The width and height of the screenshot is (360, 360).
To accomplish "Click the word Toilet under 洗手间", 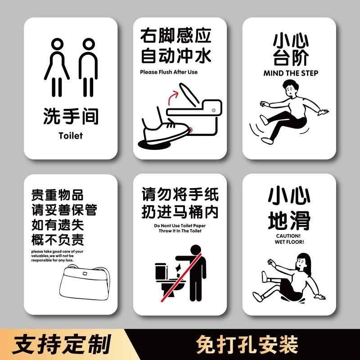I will pos(71,135).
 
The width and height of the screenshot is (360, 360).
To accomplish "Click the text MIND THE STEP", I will pos(291,73).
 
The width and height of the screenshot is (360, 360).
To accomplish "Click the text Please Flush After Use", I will pos(169,72).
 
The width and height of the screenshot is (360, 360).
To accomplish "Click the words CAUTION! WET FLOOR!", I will pos(289,238).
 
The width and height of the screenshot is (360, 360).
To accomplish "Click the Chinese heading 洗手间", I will pos(71,117).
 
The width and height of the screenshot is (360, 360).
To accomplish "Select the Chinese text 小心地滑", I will pos(289,208).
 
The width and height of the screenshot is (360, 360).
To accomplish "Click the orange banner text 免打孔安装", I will pos(247,345).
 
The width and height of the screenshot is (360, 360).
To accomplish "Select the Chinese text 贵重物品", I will pos(57,195).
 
